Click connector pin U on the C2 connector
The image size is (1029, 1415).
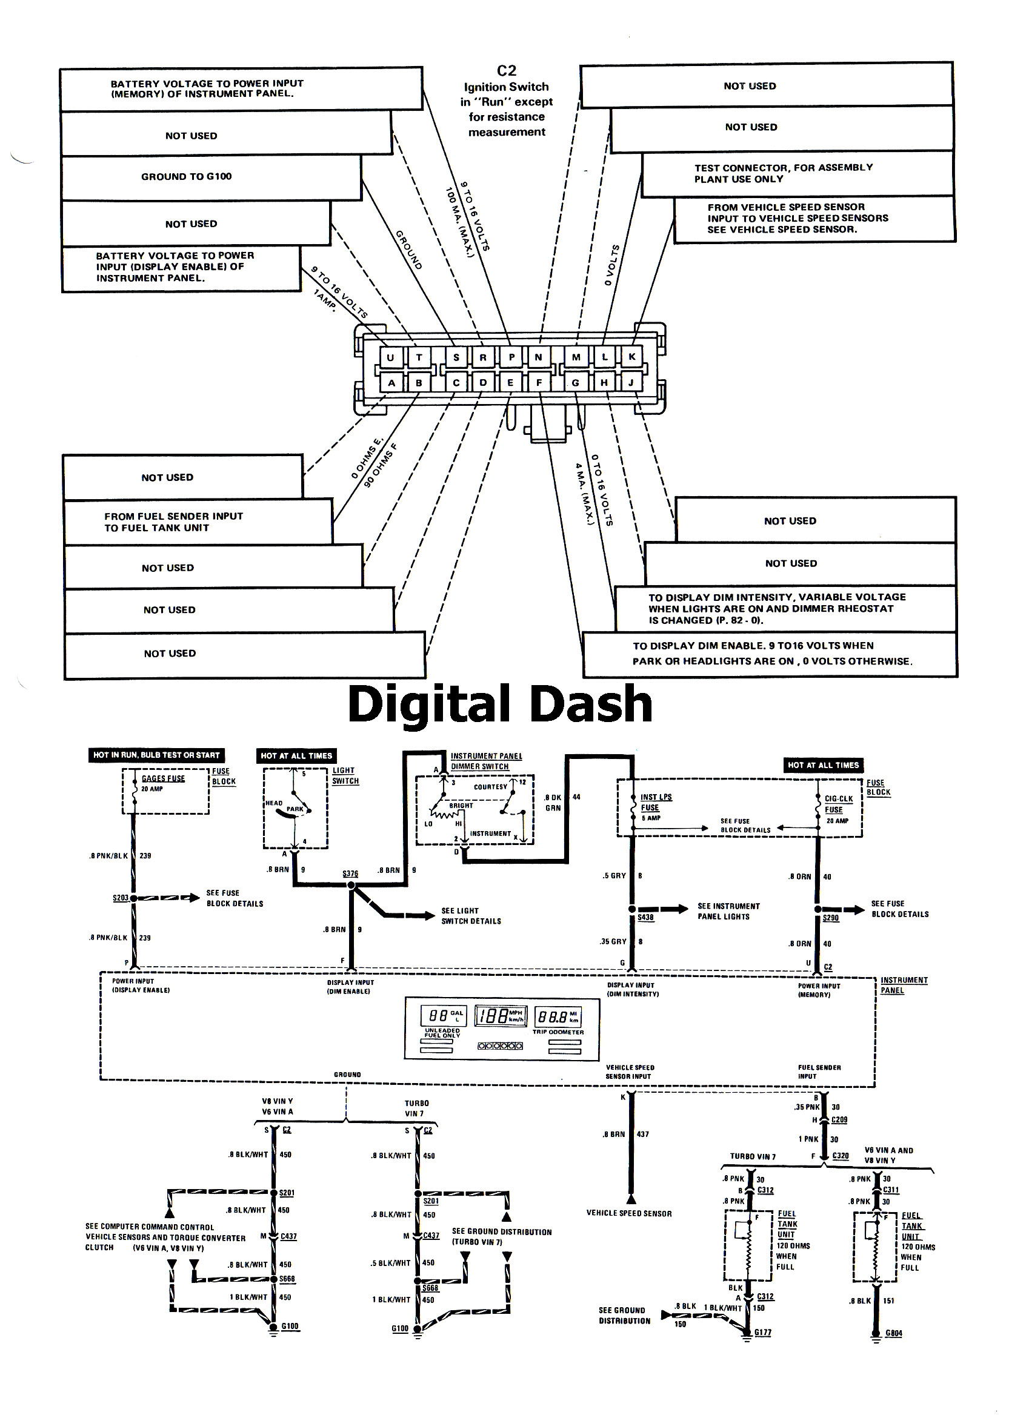click(x=391, y=357)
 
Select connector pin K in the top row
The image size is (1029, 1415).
click(x=632, y=356)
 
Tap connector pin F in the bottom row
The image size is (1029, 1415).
click(x=539, y=382)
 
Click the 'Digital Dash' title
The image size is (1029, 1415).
click(x=500, y=704)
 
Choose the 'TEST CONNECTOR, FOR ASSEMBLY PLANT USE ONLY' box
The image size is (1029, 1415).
click(x=783, y=173)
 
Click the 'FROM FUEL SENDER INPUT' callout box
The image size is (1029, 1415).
click(x=173, y=522)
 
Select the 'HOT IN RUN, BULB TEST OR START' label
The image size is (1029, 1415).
click(x=156, y=755)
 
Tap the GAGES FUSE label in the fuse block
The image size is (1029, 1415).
click(x=163, y=778)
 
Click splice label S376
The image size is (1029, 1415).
click(x=350, y=873)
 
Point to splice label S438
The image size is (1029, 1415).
click(x=645, y=917)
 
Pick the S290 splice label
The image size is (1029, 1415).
click(x=831, y=918)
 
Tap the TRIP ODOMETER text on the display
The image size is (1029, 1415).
click(x=558, y=1032)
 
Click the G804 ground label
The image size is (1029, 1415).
click(x=894, y=1333)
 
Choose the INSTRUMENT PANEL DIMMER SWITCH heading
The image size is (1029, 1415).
click(x=486, y=761)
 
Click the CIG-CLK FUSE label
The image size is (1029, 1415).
click(x=838, y=804)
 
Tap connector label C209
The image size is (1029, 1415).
click(x=839, y=1120)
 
